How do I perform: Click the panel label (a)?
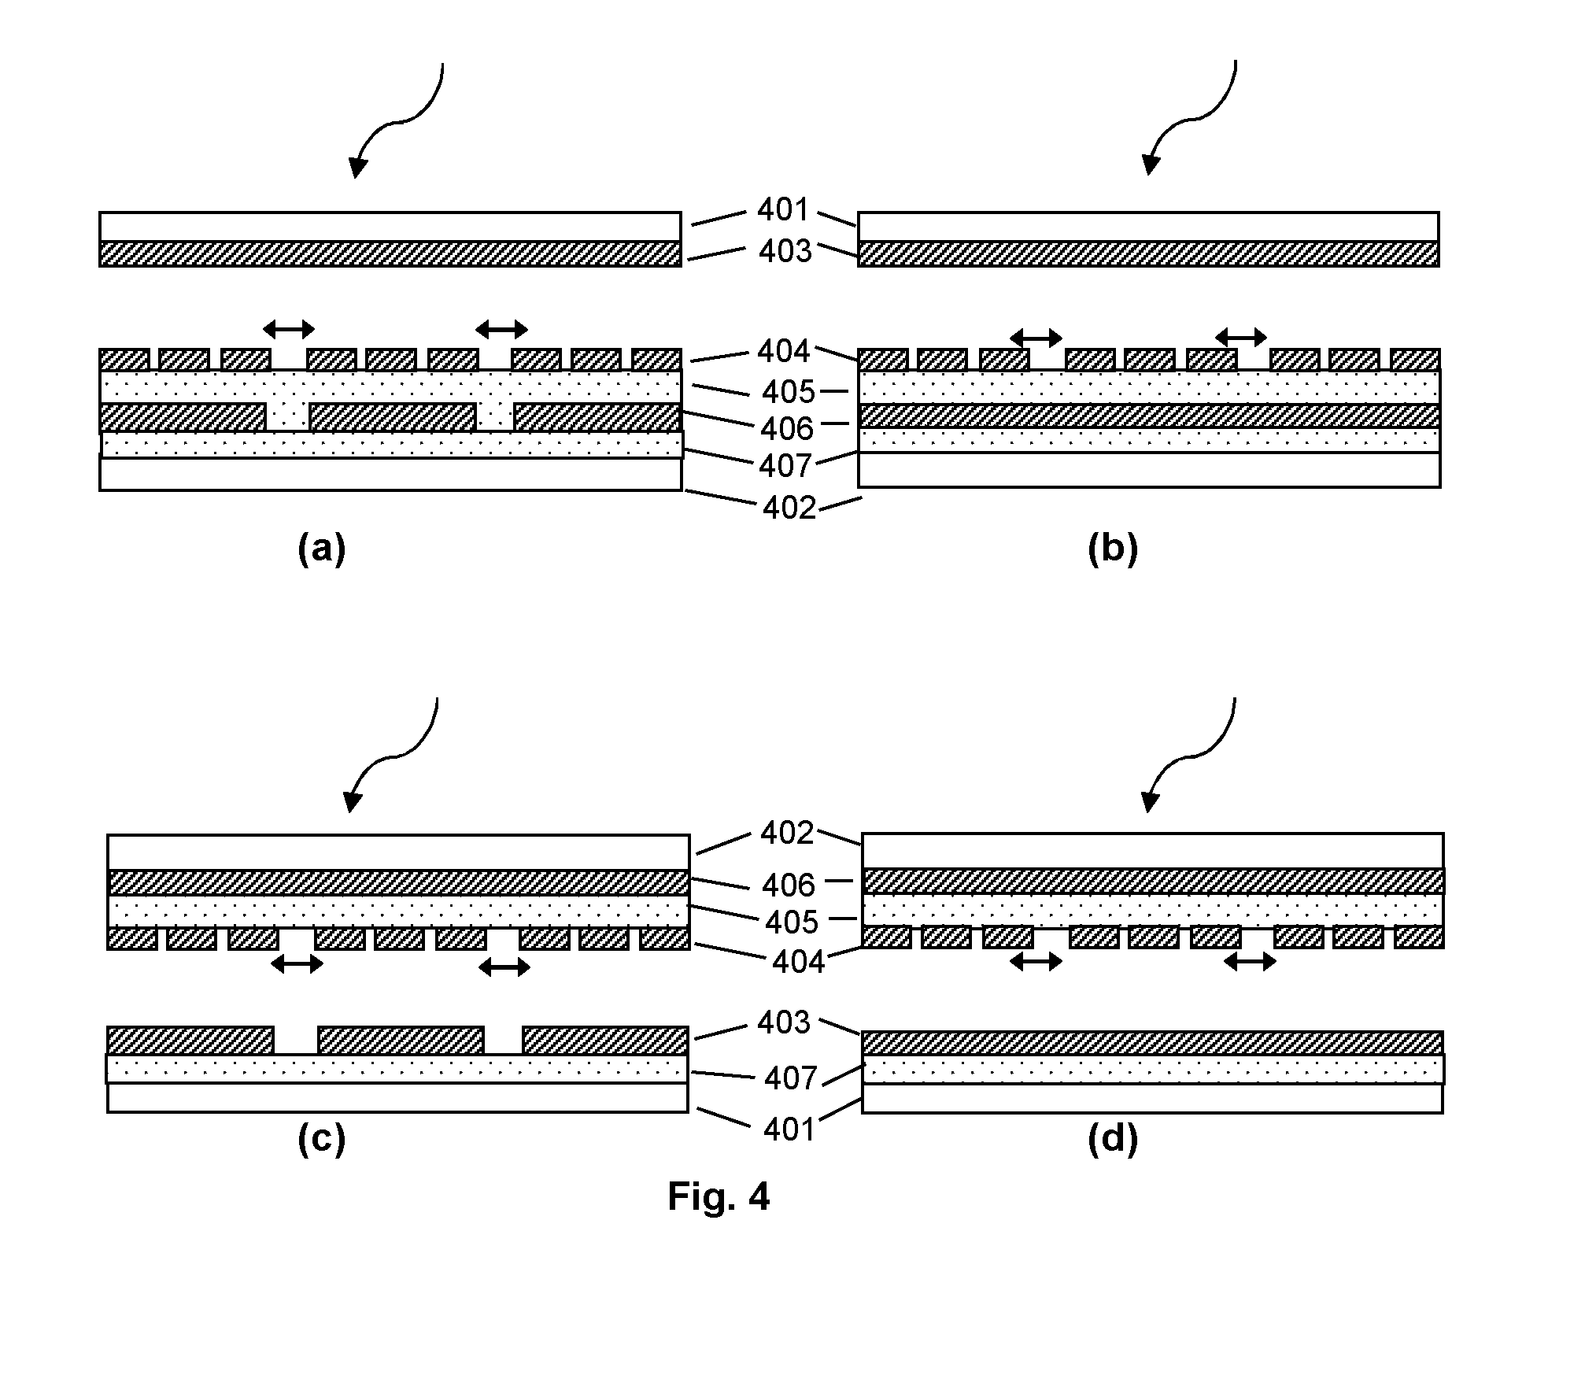pyautogui.click(x=322, y=549)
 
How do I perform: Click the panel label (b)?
pyautogui.click(x=1113, y=549)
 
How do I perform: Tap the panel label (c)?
pyautogui.click(x=322, y=1139)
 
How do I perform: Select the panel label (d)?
pyautogui.click(x=1113, y=1139)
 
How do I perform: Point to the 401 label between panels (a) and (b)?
pyautogui.click(x=783, y=209)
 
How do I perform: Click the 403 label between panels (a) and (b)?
pyautogui.click(x=785, y=251)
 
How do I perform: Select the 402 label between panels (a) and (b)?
pyautogui.click(x=789, y=508)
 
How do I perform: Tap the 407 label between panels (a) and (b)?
pyautogui.click(x=785, y=466)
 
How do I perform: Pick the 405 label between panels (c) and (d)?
pyautogui.click(x=792, y=922)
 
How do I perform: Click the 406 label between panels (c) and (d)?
pyautogui.click(x=789, y=885)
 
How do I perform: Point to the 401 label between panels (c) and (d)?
pyautogui.click(x=789, y=1129)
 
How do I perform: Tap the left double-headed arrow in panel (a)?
pyautogui.click(x=289, y=329)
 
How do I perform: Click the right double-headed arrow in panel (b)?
pyautogui.click(x=1241, y=338)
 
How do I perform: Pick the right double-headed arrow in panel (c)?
pyautogui.click(x=504, y=967)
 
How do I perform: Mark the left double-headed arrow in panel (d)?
pyautogui.click(x=1036, y=961)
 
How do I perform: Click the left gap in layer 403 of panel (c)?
pyautogui.click(x=296, y=1041)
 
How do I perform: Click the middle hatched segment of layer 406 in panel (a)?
pyautogui.click(x=393, y=417)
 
